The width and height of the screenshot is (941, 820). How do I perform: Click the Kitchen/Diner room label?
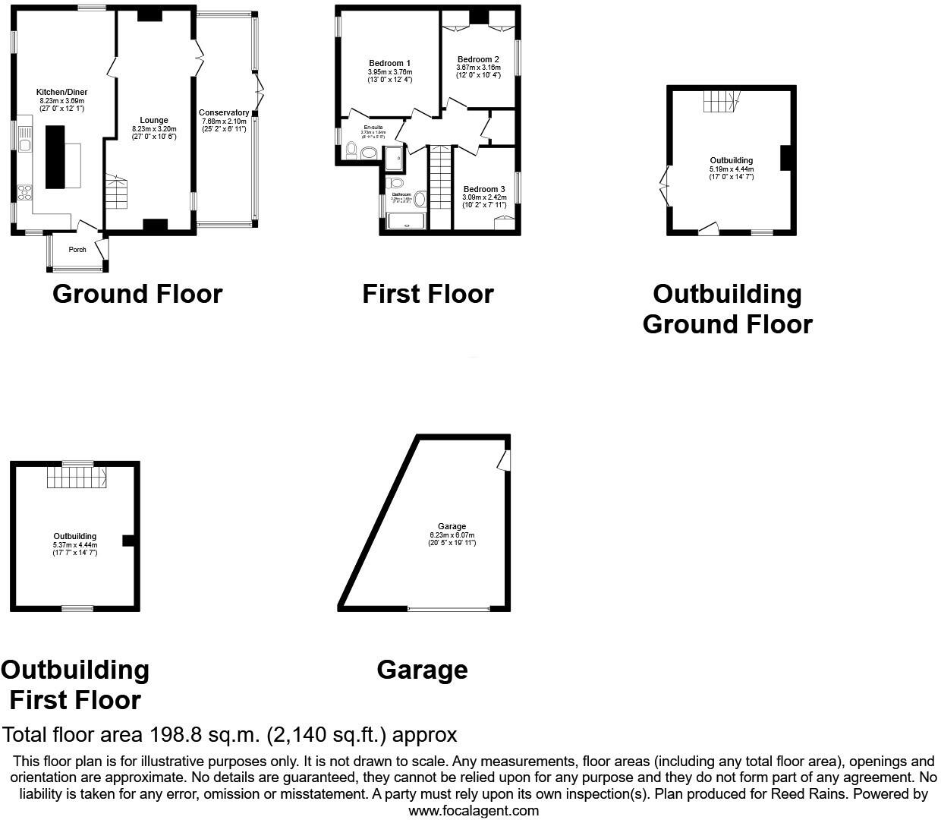[62, 92]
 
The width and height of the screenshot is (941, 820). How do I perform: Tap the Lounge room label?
[153, 120]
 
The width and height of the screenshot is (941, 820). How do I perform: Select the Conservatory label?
[224, 112]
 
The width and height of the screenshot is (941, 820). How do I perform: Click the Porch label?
[77, 250]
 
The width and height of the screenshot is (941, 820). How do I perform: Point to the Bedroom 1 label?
[389, 63]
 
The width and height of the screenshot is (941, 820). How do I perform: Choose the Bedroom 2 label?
[478, 59]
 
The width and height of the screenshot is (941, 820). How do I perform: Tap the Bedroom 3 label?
[483, 189]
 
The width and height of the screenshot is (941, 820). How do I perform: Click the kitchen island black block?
[56, 157]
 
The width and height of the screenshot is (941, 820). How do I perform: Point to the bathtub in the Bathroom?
[408, 221]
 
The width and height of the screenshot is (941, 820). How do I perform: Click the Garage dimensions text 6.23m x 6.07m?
[452, 535]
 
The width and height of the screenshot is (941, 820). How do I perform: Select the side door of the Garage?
[504, 459]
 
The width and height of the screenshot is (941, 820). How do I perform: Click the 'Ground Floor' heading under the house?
[137, 294]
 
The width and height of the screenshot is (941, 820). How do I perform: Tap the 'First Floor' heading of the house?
[427, 294]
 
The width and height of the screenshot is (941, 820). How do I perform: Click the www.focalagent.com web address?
[474, 810]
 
